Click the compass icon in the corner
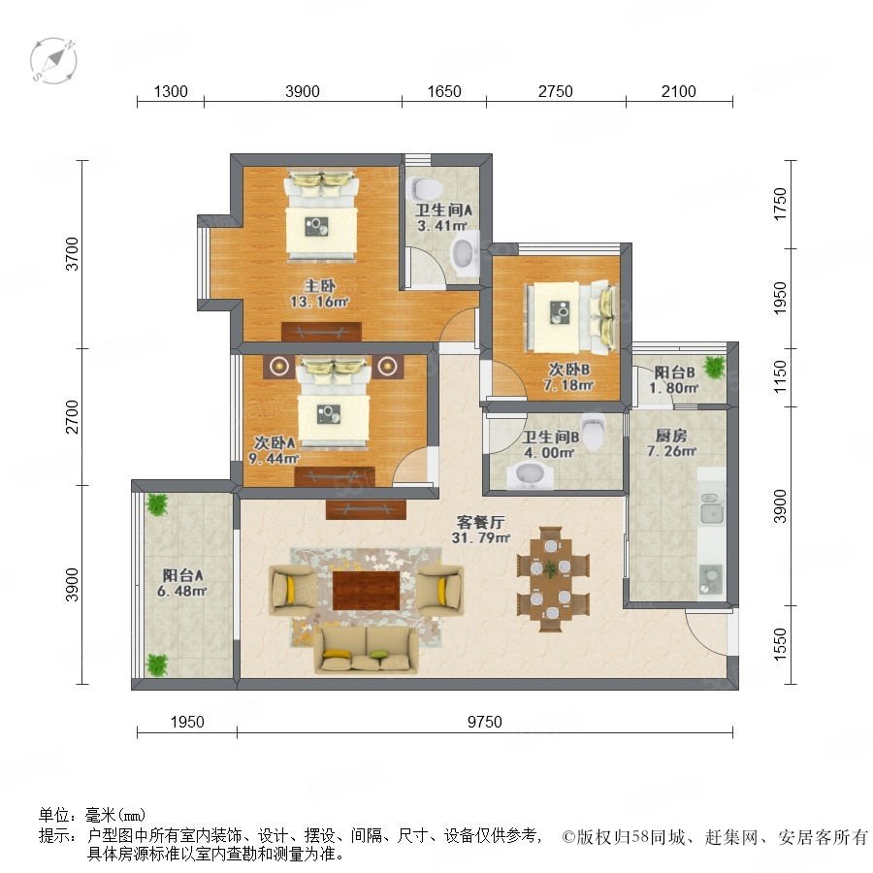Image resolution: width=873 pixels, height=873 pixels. (53, 60)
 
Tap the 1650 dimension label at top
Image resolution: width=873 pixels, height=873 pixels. (444, 91)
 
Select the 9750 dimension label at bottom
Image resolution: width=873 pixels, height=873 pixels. (484, 722)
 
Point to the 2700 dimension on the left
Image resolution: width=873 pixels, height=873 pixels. (72, 416)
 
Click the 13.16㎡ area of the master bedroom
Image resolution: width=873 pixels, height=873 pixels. (319, 302)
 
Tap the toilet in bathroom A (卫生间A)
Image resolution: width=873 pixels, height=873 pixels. (424, 189)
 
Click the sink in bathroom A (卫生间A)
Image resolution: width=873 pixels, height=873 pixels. (465, 254)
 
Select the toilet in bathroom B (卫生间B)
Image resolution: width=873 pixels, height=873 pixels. (593, 432)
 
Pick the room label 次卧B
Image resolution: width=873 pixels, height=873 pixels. (569, 370)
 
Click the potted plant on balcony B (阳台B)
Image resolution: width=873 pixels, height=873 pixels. (714, 367)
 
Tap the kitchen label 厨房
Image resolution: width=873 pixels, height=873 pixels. (671, 436)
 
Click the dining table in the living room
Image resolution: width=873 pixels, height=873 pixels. (551, 579)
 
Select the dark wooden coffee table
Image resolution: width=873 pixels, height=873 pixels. (367, 590)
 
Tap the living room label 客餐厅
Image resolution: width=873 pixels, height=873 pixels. (480, 522)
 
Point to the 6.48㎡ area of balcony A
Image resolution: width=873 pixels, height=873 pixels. (182, 591)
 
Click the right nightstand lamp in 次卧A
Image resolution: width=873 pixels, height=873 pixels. (387, 366)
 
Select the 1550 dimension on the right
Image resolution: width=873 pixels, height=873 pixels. (780, 645)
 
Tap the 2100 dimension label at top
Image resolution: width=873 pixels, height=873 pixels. (679, 91)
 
